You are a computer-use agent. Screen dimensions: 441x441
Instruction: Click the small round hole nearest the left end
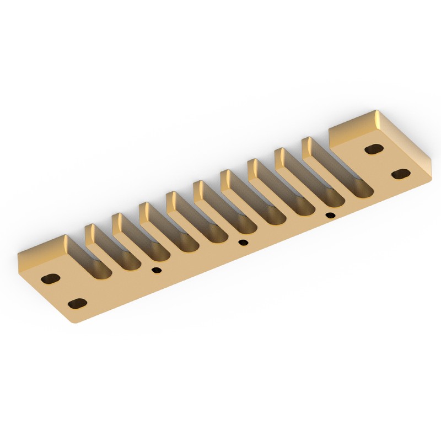click(x=157, y=270)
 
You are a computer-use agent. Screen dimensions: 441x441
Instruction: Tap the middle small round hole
click(x=243, y=243)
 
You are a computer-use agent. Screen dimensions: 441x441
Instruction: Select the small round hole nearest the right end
click(x=330, y=215)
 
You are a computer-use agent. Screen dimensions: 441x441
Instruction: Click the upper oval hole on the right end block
click(x=374, y=149)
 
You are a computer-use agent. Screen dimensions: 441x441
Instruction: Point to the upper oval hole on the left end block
click(x=52, y=278)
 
